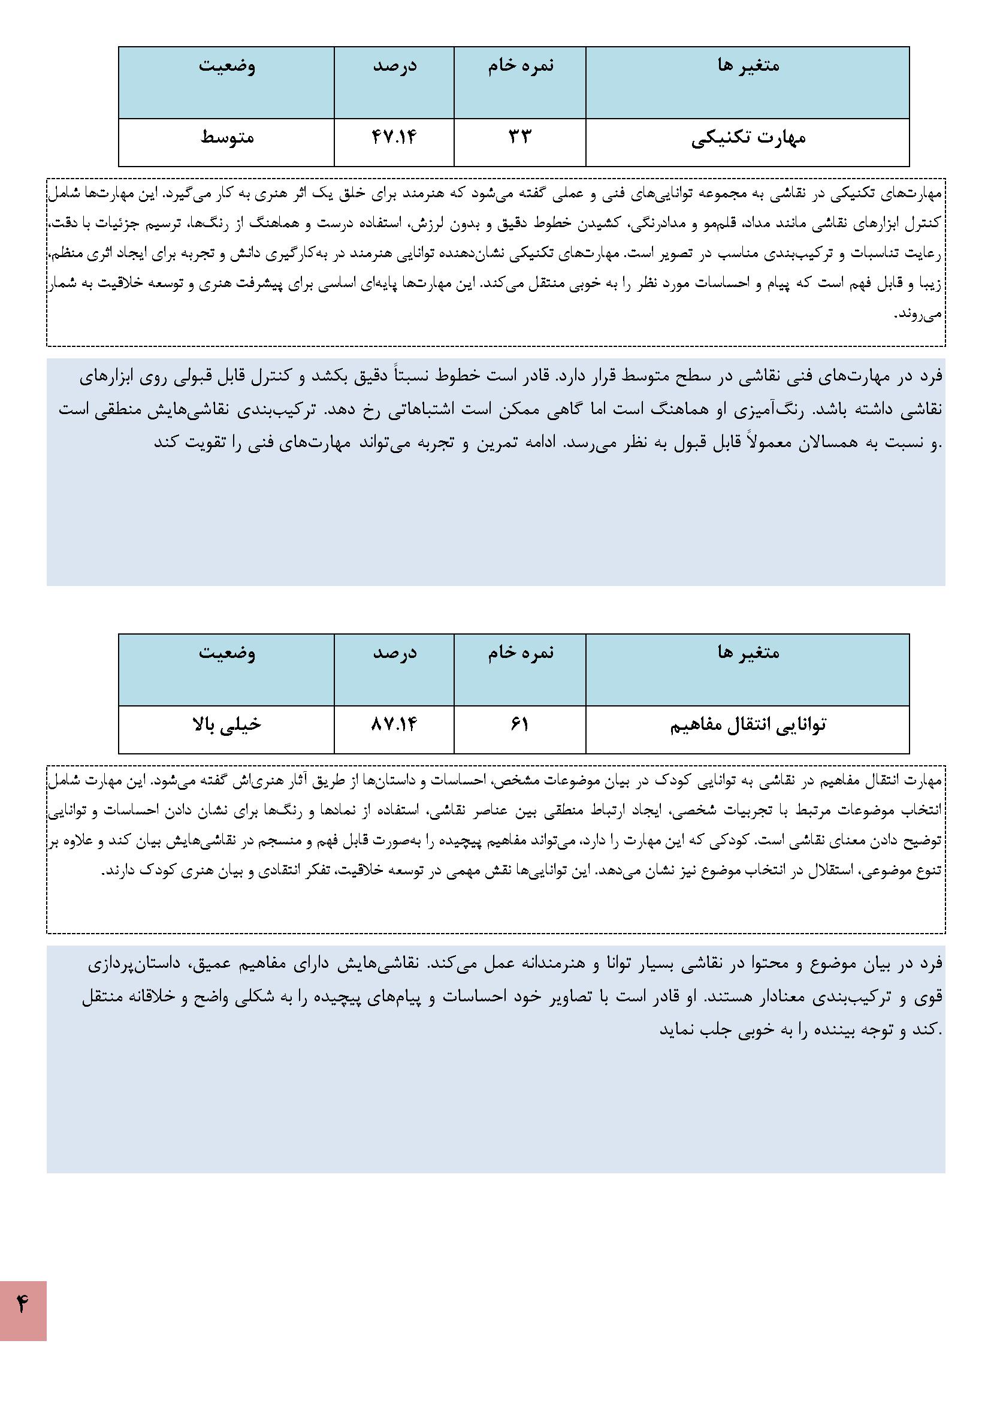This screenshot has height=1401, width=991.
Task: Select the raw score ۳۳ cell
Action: (x=519, y=137)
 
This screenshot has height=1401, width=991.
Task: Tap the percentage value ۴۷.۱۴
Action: (x=394, y=137)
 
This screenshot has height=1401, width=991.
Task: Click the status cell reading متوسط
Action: (x=227, y=137)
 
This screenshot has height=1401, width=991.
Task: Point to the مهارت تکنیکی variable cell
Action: (x=748, y=138)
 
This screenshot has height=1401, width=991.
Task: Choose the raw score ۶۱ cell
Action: (x=519, y=725)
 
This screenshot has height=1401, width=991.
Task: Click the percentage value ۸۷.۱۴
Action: (x=394, y=725)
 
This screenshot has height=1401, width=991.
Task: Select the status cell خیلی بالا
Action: (x=226, y=725)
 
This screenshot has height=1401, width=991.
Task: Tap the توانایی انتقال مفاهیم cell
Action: (x=748, y=726)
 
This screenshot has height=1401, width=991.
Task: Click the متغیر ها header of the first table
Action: (x=748, y=65)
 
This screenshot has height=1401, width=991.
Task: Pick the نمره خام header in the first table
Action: (x=521, y=65)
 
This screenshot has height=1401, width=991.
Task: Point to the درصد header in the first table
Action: (x=395, y=65)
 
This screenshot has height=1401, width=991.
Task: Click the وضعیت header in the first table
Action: (x=227, y=65)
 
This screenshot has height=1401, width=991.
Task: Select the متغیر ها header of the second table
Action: (x=748, y=653)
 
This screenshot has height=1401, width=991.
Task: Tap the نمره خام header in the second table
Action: (x=521, y=653)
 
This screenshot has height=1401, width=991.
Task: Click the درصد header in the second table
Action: (x=395, y=653)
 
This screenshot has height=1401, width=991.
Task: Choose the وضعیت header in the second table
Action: (x=227, y=653)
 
